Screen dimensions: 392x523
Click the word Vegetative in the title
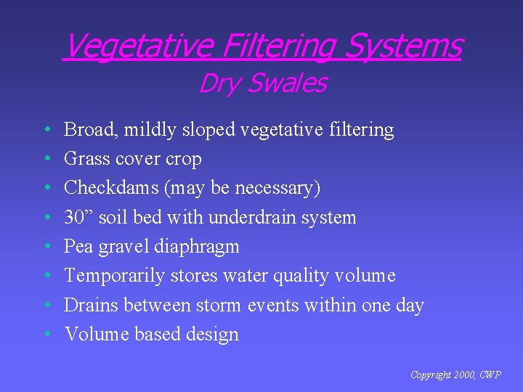138,46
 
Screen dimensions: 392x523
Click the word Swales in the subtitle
286,83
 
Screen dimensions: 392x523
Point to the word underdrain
254,217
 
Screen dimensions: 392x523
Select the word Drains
92,305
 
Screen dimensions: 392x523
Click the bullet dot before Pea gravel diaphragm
46,247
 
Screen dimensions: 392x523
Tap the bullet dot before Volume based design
46,335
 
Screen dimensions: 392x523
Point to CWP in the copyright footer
490,375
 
